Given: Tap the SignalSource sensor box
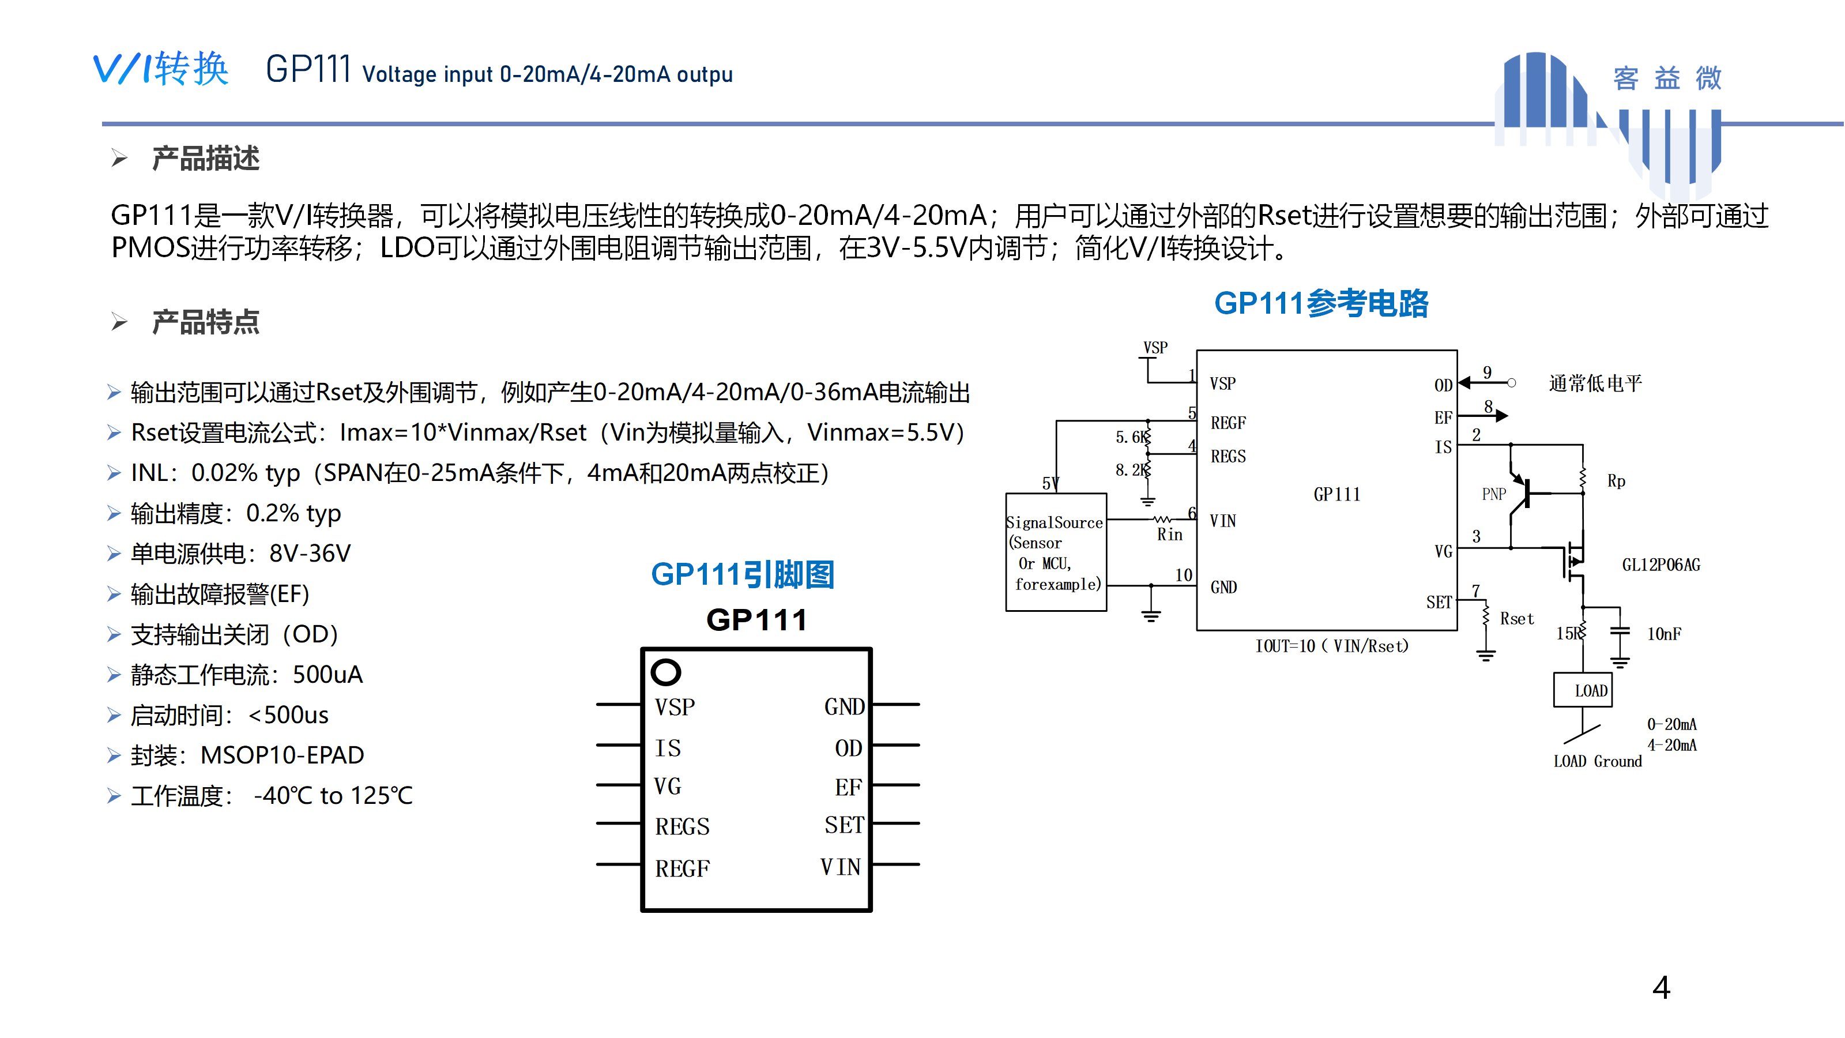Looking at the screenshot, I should click(1056, 552).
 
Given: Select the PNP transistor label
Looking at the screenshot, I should click(1493, 494).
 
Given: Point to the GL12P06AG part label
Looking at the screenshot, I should click(1660, 565).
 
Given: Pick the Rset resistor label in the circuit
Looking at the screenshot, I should click(1516, 618).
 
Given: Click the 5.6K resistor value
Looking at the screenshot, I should click(1130, 437).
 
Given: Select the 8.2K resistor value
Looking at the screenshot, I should click(1130, 470).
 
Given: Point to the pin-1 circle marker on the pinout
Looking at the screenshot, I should click(665, 672).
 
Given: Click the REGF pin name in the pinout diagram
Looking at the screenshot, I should click(682, 868).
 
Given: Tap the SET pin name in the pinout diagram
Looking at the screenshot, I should click(844, 825).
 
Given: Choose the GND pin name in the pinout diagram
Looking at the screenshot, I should click(844, 707).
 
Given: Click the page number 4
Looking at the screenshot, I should click(1661, 988).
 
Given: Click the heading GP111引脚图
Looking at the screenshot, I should click(742, 574).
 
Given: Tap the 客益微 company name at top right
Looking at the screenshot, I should click(1667, 78).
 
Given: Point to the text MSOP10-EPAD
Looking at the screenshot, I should click(282, 755).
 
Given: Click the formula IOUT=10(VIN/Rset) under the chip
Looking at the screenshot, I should click(1331, 646).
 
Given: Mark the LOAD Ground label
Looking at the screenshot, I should click(1597, 761).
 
